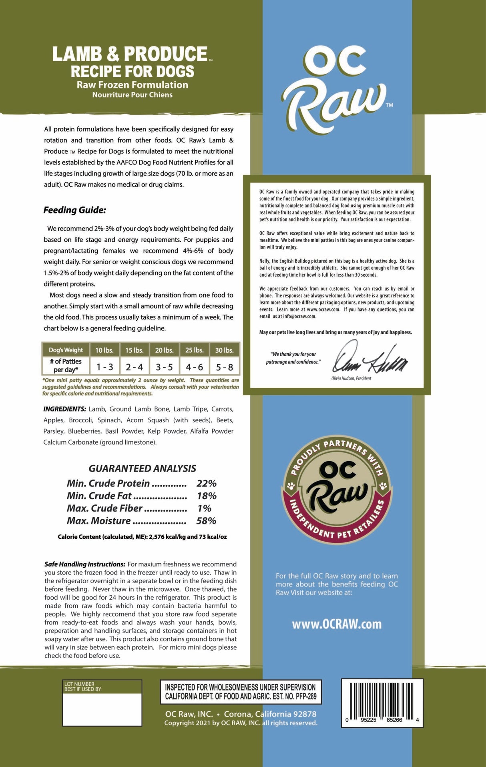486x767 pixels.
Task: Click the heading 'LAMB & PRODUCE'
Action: tap(130, 54)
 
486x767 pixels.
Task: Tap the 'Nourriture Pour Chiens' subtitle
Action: tap(132, 95)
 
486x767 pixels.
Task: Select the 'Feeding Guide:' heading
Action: tap(75, 210)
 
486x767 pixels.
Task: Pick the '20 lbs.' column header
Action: tap(164, 350)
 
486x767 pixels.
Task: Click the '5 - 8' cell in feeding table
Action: tap(224, 367)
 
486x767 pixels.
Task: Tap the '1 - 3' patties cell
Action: tap(104, 367)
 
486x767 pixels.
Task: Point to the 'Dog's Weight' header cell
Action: tap(66, 350)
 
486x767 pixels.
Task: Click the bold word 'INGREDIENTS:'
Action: tap(64, 409)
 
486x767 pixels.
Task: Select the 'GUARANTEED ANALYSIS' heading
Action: tap(142, 468)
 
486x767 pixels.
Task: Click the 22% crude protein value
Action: tap(206, 484)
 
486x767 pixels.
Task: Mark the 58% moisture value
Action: tap(206, 521)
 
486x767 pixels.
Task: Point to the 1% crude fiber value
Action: tap(204, 508)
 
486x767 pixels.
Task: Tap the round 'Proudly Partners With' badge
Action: tap(337, 489)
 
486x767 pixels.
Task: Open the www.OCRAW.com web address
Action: tap(337, 624)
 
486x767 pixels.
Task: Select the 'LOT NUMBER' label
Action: tap(79, 684)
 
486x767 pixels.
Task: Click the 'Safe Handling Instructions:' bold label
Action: tap(85, 564)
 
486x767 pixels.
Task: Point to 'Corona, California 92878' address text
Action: tap(270, 714)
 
